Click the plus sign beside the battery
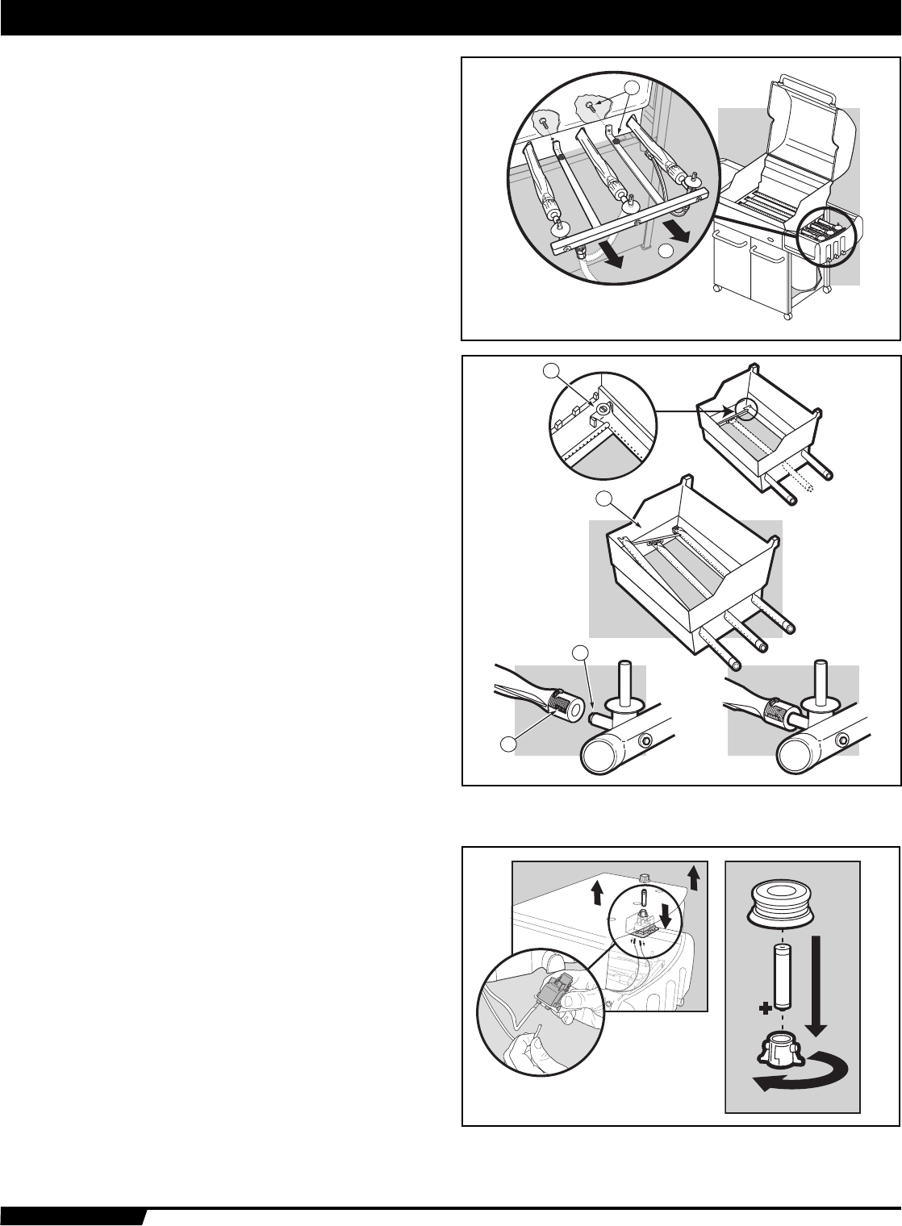762,1008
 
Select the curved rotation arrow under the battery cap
800,1075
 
